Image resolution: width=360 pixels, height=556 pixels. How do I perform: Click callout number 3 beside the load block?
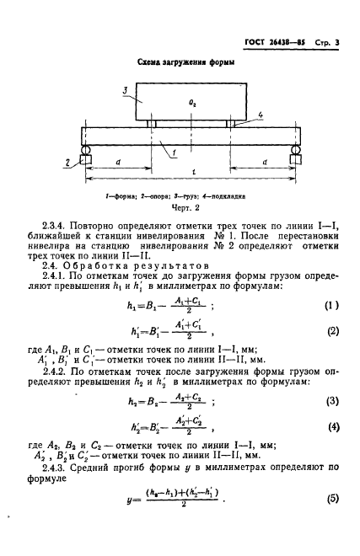point(124,88)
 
